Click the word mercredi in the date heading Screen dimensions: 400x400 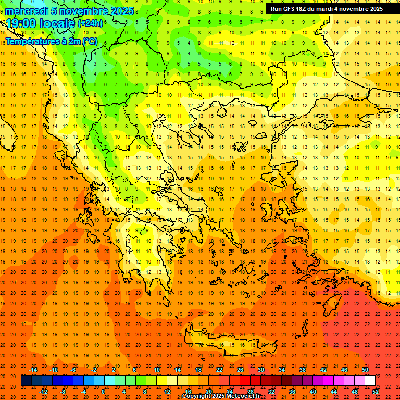point(28,11)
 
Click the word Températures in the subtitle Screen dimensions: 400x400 point(32,41)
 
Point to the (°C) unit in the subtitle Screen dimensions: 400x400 point(89,41)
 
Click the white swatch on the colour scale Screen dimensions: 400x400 point(370,381)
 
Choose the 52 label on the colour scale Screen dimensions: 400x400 point(375,392)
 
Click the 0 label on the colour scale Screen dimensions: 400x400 point(103,392)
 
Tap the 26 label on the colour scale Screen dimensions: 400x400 point(240,370)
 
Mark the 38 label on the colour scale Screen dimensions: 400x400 point(302,370)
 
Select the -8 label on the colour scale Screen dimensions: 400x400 point(63,392)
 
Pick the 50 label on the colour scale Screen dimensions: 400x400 point(365,370)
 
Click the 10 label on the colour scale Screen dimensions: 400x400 point(156,370)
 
